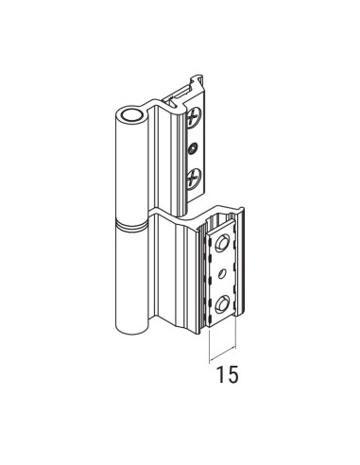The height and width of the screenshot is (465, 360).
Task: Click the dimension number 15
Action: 224,374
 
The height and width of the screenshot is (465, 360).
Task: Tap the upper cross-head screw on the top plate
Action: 194,120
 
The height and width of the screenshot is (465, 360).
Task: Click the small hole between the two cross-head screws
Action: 194,147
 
